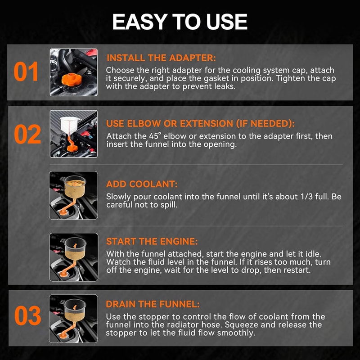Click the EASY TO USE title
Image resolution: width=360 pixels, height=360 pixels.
[x=180, y=22]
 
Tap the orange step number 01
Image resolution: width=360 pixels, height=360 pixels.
[x=26, y=72]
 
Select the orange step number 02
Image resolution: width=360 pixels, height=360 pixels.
[x=27, y=134]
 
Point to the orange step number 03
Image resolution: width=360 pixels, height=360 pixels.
[x=27, y=315]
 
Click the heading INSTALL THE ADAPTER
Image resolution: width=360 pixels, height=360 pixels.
[x=161, y=58]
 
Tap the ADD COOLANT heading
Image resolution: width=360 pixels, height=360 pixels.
[x=142, y=184]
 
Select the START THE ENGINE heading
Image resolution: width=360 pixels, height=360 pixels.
[x=152, y=242]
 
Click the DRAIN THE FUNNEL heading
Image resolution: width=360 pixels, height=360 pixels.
[x=153, y=304]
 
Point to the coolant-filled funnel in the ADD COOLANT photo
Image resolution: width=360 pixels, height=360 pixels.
[x=75, y=186]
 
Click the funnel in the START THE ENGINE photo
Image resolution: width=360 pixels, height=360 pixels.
[x=75, y=248]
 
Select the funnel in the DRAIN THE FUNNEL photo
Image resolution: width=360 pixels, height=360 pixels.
[x=75, y=310]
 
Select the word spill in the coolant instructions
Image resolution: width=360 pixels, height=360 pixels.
[x=169, y=205]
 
